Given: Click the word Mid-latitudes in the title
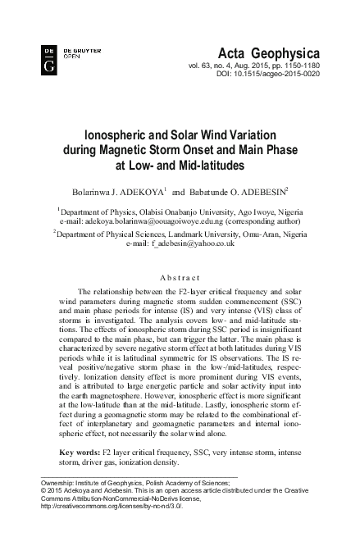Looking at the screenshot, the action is [210, 165].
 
